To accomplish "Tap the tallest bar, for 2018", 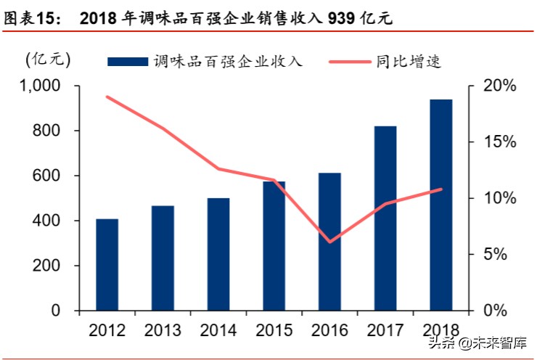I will [x=440, y=205].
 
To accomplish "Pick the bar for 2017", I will [x=385, y=218].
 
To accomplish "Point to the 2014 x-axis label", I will [x=218, y=331].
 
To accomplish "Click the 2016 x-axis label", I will [x=329, y=331].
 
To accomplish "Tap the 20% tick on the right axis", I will [x=500, y=86].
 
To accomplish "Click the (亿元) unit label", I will [x=46, y=60].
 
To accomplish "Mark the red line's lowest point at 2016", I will [x=330, y=242].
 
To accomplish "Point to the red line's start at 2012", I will [x=107, y=97].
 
